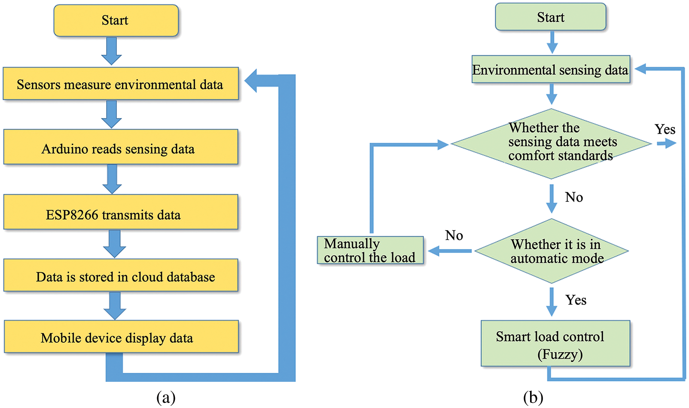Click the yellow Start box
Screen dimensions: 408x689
coord(116,20)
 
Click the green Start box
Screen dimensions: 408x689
coord(550,17)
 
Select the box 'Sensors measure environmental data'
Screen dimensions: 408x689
coord(120,84)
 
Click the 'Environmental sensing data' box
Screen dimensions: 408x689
coord(550,69)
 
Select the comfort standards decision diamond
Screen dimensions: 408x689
coord(551,143)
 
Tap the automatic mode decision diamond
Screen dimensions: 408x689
coord(552,251)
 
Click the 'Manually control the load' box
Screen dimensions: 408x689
coord(370,250)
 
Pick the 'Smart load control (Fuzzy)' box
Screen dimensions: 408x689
coord(555,344)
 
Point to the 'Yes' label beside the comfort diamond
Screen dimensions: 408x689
coord(665,129)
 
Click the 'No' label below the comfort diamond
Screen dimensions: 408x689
coord(574,197)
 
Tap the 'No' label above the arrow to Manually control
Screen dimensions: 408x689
coord(454,235)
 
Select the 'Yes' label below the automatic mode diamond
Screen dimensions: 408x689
coord(576,300)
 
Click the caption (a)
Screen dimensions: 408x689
coord(166,397)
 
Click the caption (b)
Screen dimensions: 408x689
coord(533,397)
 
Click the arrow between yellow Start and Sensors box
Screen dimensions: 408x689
coord(111,51)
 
